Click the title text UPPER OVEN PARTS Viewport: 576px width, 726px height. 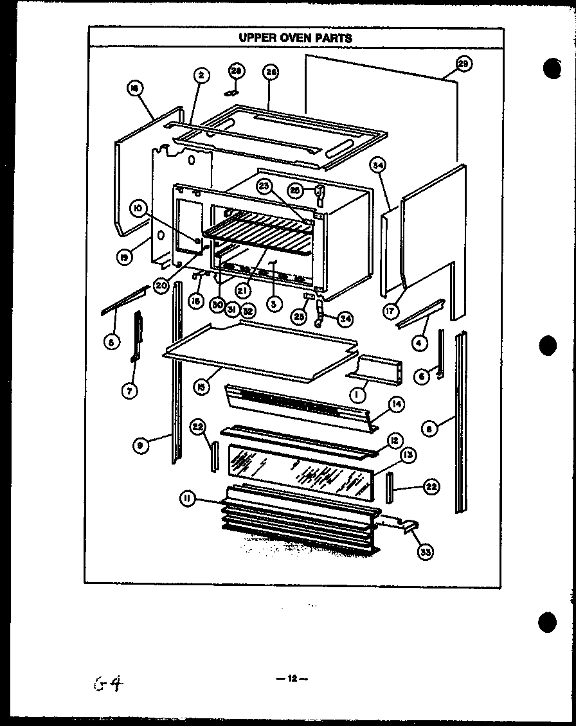point(295,37)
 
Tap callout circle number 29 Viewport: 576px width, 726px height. point(463,63)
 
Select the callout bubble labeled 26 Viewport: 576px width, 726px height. point(271,73)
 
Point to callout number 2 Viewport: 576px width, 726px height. point(201,76)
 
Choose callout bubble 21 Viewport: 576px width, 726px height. point(242,290)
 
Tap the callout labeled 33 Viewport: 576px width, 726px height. point(425,551)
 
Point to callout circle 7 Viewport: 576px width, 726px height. point(131,389)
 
